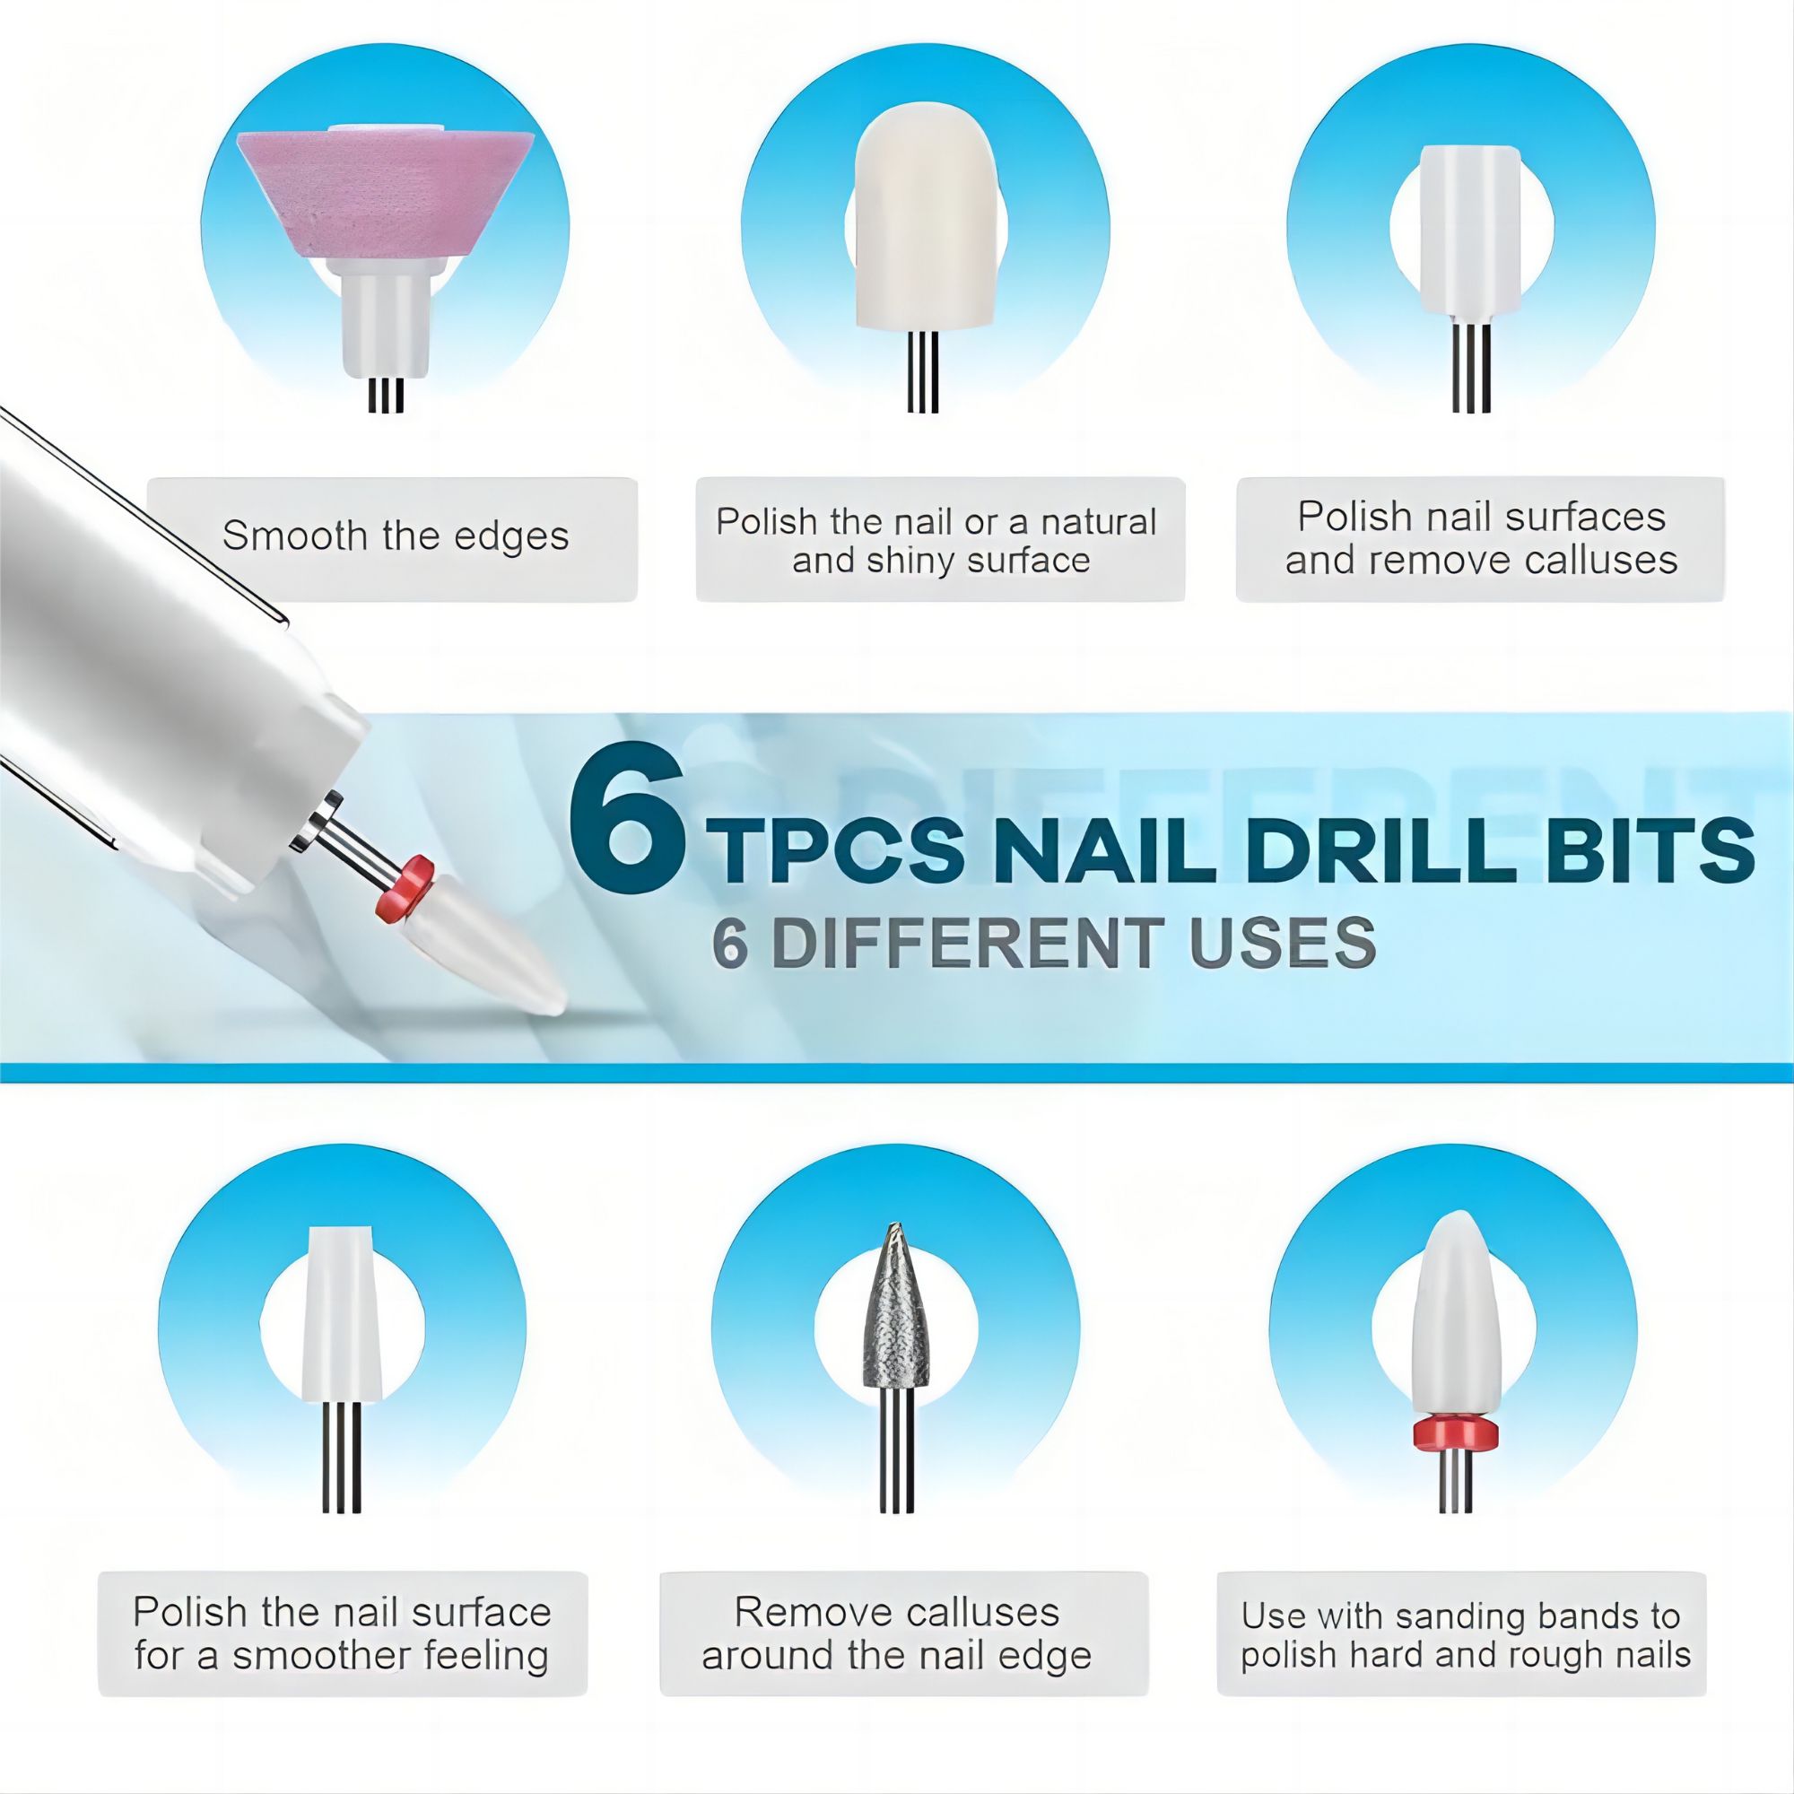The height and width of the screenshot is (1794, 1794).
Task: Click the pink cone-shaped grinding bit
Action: tap(386, 190)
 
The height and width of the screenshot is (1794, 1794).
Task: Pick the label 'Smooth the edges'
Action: tap(395, 536)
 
